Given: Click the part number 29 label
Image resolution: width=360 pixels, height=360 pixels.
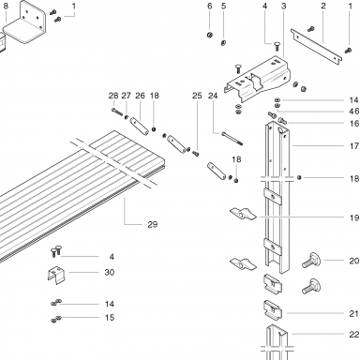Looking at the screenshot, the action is [x=153, y=224].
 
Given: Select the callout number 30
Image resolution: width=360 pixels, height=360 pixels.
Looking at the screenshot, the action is [x=110, y=272].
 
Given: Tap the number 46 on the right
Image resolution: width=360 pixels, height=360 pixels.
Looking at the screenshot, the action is [x=354, y=112].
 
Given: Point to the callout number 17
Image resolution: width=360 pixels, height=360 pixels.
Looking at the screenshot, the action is [x=354, y=145].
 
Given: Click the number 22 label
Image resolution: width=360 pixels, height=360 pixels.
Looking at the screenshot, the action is [x=354, y=335].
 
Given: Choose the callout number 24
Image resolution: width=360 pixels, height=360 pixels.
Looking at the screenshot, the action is [x=213, y=96].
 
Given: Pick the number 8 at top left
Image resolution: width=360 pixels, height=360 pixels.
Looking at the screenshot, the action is [x=6, y=6].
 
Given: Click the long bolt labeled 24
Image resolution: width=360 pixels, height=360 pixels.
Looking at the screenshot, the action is [x=232, y=139].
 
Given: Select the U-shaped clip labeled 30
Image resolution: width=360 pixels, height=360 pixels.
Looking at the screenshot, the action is [x=56, y=275].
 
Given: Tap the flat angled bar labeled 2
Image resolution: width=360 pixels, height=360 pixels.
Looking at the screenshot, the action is [x=316, y=47].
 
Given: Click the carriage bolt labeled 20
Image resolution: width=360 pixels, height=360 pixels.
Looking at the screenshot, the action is [x=312, y=261].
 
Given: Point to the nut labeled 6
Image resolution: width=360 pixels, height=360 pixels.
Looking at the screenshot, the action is [x=210, y=35].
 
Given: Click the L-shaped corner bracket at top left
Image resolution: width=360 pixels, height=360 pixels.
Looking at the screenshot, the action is [x=26, y=23].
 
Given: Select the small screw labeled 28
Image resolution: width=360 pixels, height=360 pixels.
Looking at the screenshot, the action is [x=117, y=112].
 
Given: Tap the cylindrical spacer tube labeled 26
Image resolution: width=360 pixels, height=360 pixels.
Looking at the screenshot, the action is [x=139, y=126].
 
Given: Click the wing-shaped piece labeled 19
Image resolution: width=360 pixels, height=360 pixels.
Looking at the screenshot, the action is [x=243, y=214].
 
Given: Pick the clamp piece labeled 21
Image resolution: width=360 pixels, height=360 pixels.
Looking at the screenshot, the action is [x=273, y=311].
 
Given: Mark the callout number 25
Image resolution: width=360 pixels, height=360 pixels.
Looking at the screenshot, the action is [x=197, y=96].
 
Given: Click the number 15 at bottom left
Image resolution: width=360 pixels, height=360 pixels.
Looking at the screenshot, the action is [x=110, y=318].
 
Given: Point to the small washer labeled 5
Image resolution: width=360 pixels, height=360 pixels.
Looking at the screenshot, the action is [x=223, y=43].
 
